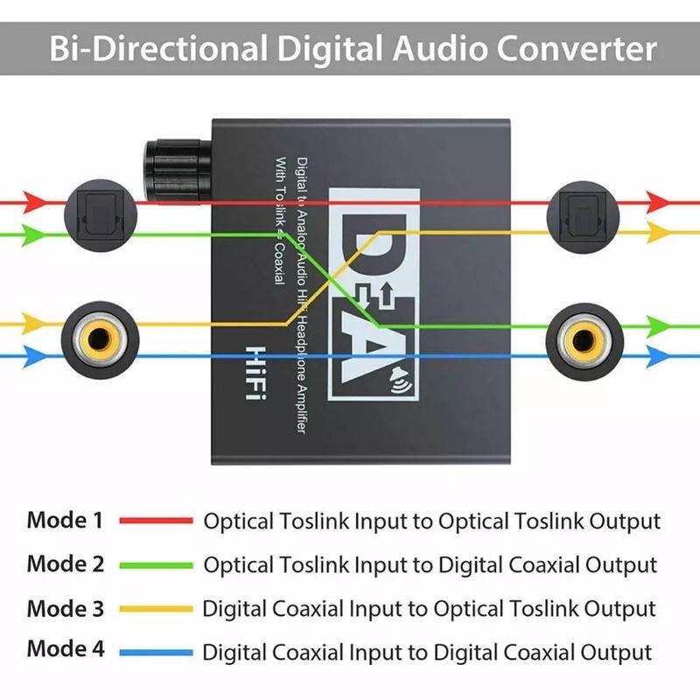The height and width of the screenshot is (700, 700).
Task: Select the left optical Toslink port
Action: pyautogui.click(x=95, y=211)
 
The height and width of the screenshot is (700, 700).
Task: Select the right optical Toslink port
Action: pyautogui.click(x=579, y=211)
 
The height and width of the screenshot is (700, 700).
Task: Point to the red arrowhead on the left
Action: pyautogui.click(x=34, y=201)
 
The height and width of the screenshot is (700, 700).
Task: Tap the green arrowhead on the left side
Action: pyautogui.click(x=34, y=234)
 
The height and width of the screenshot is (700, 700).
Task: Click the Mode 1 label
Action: pyautogui.click(x=65, y=520)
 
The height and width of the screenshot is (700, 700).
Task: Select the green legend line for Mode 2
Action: pyautogui.click(x=156, y=564)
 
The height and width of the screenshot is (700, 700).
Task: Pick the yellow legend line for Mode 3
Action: pyautogui.click(x=156, y=608)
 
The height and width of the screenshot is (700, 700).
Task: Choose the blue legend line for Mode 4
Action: pyautogui.click(x=156, y=652)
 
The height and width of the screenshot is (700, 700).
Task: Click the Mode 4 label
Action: pyautogui.click(x=65, y=649)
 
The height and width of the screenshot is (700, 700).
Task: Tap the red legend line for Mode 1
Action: pyautogui.click(x=156, y=521)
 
